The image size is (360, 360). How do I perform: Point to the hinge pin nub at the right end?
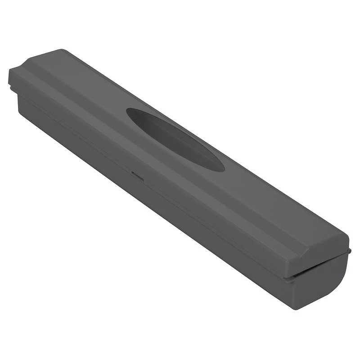349,249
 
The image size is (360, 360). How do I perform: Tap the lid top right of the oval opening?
270,198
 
